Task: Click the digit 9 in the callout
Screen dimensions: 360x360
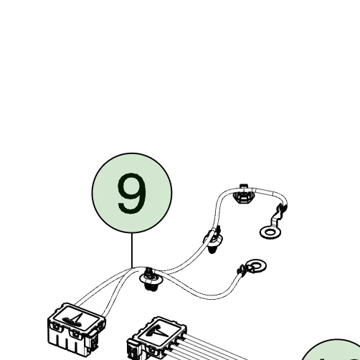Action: point(132,193)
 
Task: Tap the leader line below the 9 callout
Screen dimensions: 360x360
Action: point(132,250)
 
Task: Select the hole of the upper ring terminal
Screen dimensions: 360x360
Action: point(270,232)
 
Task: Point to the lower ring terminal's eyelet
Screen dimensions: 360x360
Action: point(256,265)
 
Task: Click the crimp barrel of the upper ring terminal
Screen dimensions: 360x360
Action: point(282,209)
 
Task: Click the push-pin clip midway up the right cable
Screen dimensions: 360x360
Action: point(213,240)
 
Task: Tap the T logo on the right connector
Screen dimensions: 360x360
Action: point(158,331)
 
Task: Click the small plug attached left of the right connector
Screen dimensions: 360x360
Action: point(134,349)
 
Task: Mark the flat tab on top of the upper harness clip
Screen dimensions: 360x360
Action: point(243,186)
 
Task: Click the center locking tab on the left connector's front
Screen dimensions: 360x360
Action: point(75,333)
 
